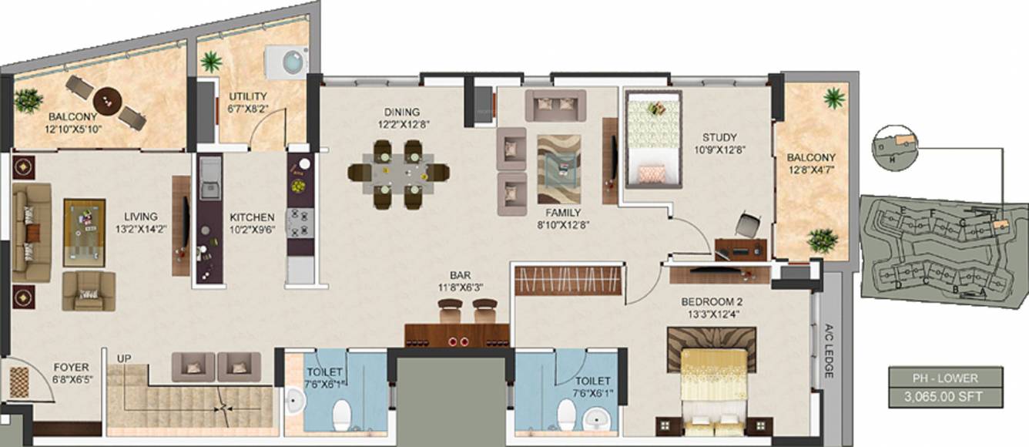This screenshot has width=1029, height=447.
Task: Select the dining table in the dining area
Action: tap(397, 173)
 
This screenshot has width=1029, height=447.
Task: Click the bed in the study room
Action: tap(652, 139)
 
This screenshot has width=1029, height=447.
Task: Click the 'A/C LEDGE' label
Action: tap(830, 351)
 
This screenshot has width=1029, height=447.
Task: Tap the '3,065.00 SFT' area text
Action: tap(945, 398)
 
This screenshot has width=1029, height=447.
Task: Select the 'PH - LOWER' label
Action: tap(945, 378)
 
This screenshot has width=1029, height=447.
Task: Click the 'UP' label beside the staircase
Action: tap(123, 358)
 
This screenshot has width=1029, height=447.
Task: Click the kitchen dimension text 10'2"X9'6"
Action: tap(251, 228)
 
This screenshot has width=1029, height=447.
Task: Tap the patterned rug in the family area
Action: tap(558, 170)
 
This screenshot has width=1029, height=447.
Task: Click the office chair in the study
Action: tap(746, 224)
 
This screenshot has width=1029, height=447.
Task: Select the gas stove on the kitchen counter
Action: tap(299, 223)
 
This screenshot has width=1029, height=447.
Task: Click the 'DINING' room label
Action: tap(398, 111)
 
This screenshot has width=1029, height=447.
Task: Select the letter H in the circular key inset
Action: tap(892, 159)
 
